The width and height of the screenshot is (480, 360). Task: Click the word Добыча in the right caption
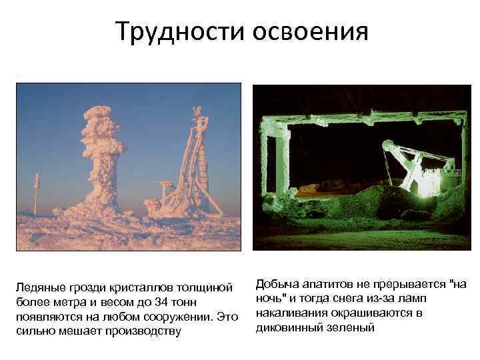tap(277, 284)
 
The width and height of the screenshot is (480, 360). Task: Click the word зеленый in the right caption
tap(351, 327)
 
